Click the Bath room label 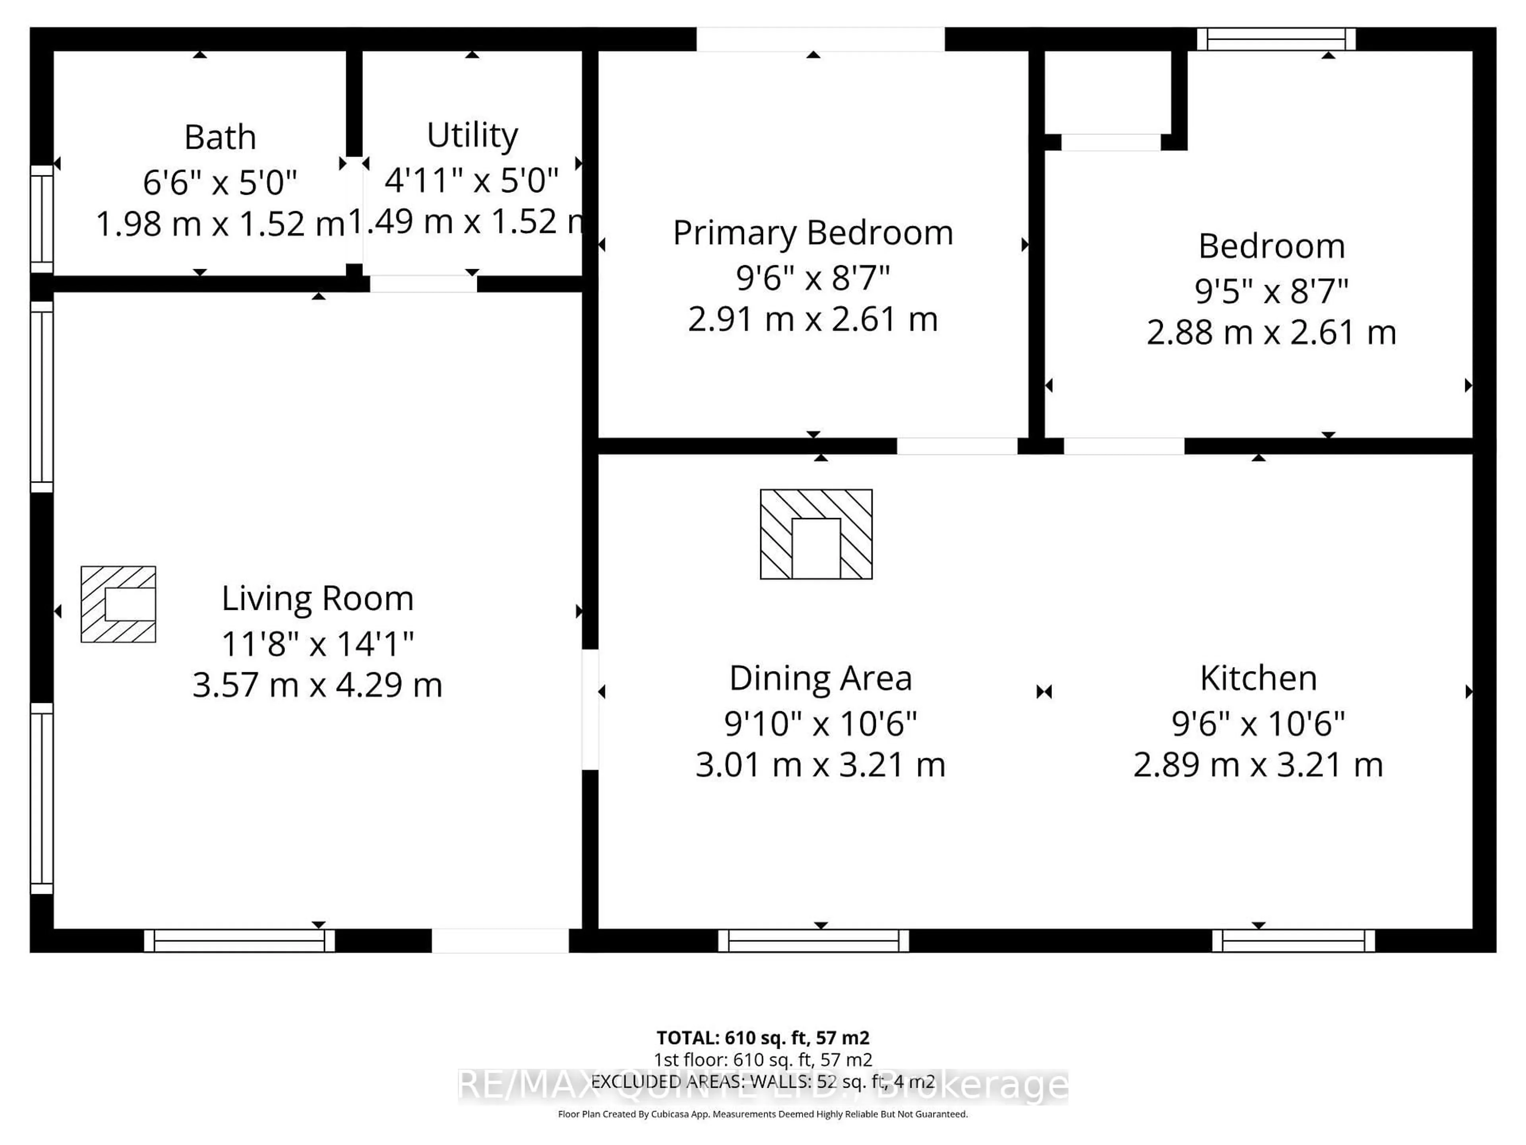[220, 137]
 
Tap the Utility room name [472, 135]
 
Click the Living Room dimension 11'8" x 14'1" [318, 644]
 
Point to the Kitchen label [1258, 678]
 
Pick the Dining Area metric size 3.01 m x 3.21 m [820, 765]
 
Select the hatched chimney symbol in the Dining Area [816, 534]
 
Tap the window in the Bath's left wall [42, 219]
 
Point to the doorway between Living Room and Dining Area [590, 710]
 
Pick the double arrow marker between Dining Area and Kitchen [1044, 691]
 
